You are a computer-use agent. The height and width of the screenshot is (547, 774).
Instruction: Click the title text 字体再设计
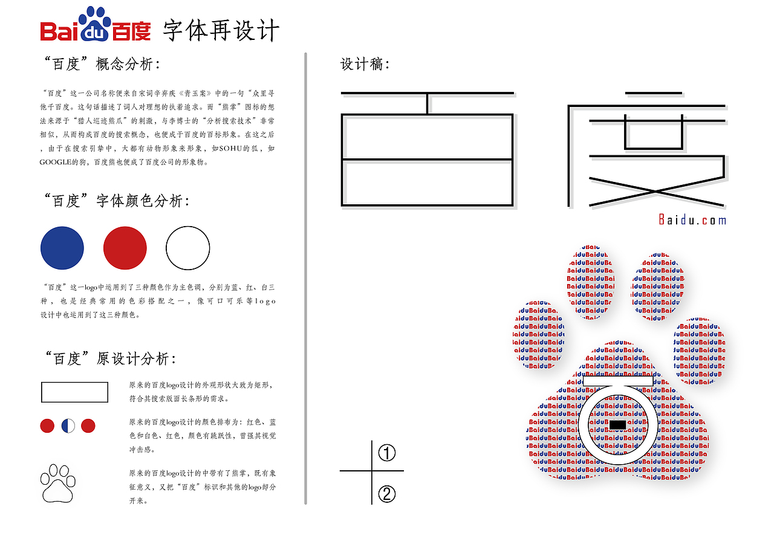pyautogui.click(x=221, y=30)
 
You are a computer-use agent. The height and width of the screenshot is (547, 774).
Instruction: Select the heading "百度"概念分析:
pyautogui.click(x=102, y=64)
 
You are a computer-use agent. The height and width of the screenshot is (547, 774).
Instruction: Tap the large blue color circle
pyautogui.click(x=62, y=248)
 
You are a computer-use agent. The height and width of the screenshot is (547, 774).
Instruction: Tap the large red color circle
pyautogui.click(x=125, y=248)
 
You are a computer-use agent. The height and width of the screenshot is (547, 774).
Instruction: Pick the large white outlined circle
pyautogui.click(x=188, y=248)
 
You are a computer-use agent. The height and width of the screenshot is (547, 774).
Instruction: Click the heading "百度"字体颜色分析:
pyautogui.click(x=116, y=201)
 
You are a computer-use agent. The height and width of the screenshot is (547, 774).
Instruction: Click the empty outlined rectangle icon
pyautogui.click(x=74, y=392)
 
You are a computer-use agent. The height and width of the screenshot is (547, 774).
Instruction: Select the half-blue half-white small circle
pyautogui.click(x=68, y=426)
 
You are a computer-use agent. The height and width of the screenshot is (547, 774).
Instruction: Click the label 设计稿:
pyautogui.click(x=365, y=64)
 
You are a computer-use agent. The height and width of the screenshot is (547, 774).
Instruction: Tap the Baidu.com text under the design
pyautogui.click(x=692, y=220)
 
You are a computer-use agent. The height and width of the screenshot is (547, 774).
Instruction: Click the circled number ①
pyautogui.click(x=387, y=453)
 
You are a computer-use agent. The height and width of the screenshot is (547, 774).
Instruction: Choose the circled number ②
pyautogui.click(x=387, y=494)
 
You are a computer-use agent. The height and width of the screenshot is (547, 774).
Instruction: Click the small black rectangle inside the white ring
pyautogui.click(x=617, y=424)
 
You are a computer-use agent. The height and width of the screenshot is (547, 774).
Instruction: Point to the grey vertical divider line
pyautogui.click(x=306, y=278)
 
